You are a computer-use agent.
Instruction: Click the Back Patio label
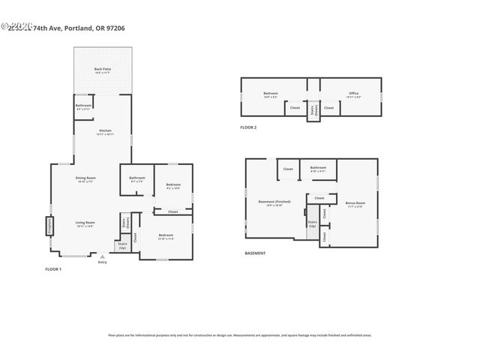103,70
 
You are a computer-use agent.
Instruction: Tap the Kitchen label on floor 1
106,132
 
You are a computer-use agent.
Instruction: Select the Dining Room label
85,179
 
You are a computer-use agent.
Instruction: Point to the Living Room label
84,223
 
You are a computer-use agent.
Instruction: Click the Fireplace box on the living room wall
50,226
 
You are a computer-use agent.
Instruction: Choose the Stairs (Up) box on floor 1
122,245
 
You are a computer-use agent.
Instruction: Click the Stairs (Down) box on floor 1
125,223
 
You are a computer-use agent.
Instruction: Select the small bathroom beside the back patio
83,106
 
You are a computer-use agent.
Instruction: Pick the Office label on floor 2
353,94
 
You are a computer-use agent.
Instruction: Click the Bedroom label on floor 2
270,94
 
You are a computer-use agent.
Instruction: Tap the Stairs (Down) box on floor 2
312,109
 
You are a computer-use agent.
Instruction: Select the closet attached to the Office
328,108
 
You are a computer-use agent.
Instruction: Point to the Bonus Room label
355,203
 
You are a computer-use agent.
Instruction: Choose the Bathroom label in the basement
318,169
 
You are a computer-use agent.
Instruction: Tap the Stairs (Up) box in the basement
312,223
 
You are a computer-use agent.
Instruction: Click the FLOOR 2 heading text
248,128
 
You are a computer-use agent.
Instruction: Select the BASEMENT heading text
255,253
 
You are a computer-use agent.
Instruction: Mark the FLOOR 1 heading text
53,268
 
